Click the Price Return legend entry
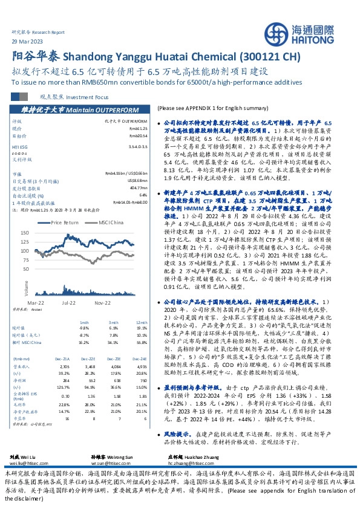click(66, 222)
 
